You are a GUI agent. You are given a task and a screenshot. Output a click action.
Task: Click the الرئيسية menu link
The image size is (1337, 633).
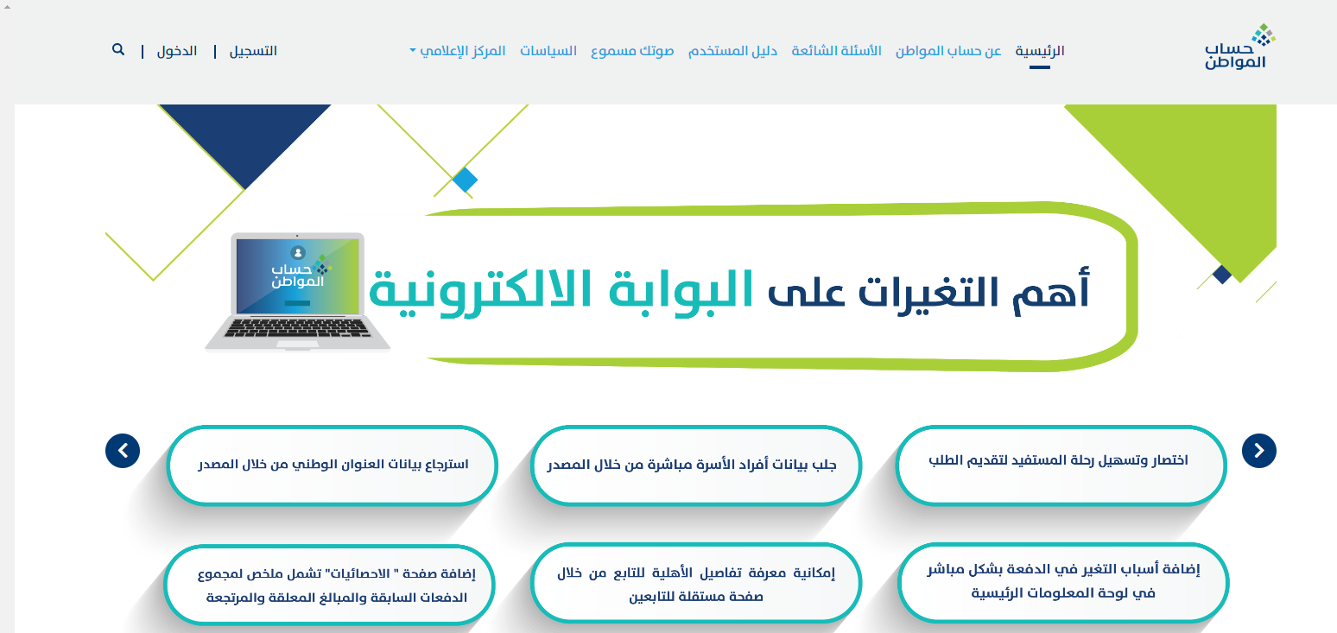pyautogui.click(x=1040, y=51)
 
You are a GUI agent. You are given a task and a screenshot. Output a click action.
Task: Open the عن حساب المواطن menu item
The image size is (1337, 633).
pyautogui.click(x=947, y=51)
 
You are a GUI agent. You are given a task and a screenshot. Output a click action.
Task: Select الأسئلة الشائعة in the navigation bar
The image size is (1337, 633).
pyautogui.click(x=836, y=51)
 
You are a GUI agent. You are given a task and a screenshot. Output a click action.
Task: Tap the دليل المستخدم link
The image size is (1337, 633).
pyautogui.click(x=732, y=51)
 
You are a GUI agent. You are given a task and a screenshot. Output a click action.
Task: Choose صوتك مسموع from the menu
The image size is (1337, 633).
pyautogui.click(x=632, y=51)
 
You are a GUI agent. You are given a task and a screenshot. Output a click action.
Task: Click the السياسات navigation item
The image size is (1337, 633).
pyautogui.click(x=548, y=51)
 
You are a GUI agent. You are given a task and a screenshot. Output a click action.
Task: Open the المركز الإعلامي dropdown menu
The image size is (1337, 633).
pyautogui.click(x=458, y=51)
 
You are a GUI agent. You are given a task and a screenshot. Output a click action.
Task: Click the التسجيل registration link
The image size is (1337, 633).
pyautogui.click(x=253, y=51)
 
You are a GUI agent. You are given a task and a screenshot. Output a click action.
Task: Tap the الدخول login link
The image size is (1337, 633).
pyautogui.click(x=177, y=51)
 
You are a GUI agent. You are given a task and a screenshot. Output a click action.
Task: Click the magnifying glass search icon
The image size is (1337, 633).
pyautogui.click(x=118, y=49)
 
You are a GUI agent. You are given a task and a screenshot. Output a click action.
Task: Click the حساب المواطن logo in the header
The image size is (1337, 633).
pyautogui.click(x=1239, y=47)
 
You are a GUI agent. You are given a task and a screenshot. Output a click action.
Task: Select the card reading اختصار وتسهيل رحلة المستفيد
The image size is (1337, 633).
pyautogui.click(x=1061, y=465)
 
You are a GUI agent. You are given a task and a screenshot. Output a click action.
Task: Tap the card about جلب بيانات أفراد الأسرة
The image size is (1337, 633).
pyautogui.click(x=695, y=465)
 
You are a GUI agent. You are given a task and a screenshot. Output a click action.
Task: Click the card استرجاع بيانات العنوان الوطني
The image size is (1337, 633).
pyautogui.click(x=332, y=465)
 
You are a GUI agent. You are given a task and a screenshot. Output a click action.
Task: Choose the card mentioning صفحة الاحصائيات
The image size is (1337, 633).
pyautogui.click(x=329, y=585)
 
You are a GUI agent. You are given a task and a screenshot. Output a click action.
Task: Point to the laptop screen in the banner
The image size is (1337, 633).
pyautogui.click(x=298, y=275)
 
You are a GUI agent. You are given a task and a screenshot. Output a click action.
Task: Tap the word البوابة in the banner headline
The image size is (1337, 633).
pyautogui.click(x=681, y=290)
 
